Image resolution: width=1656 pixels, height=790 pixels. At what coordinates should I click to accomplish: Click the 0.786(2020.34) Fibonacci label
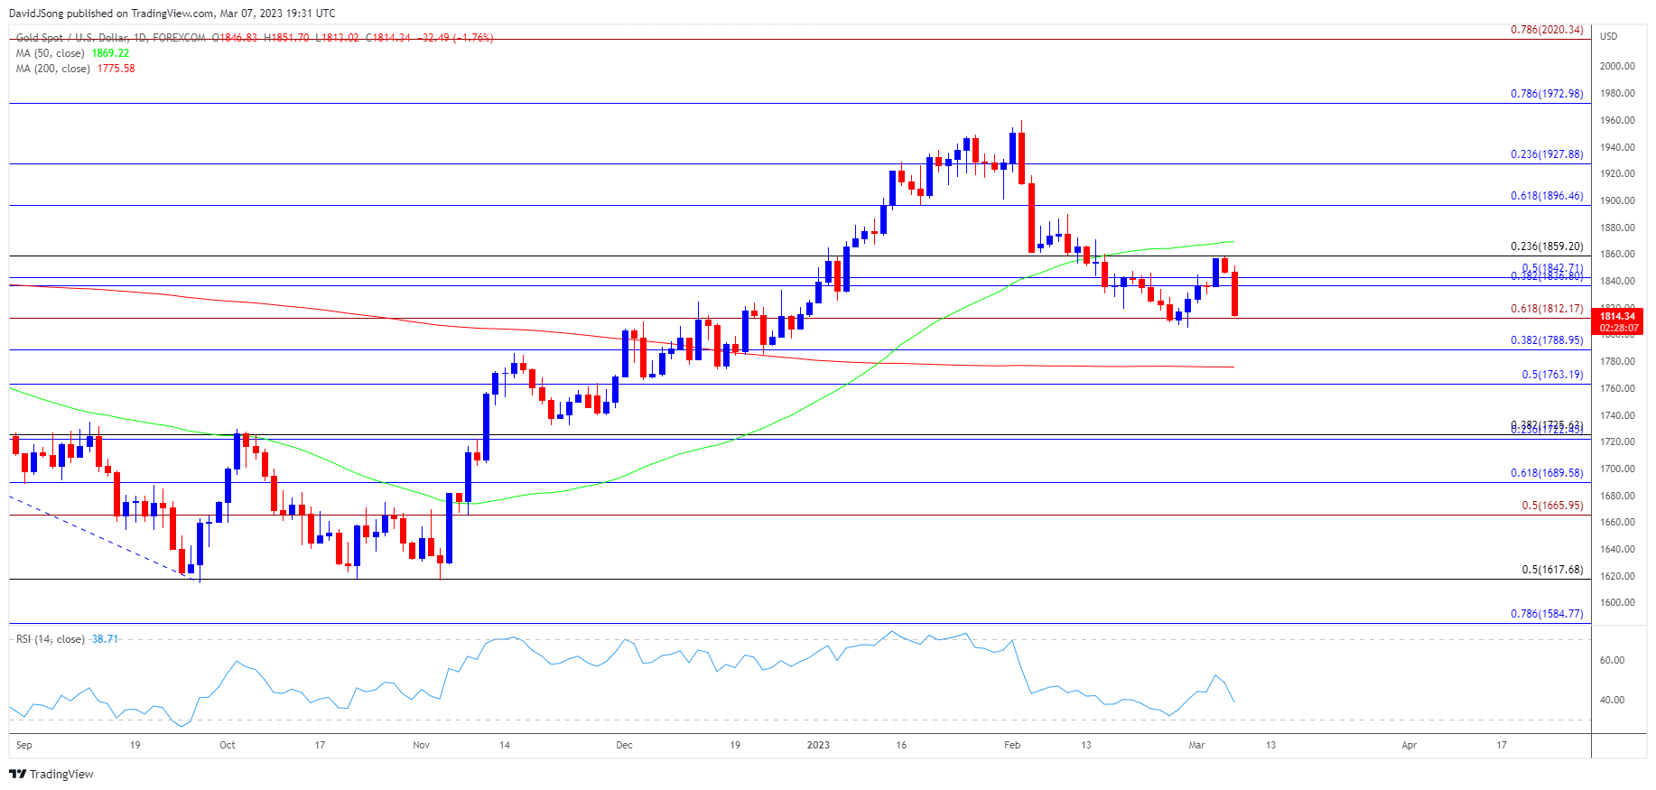[x=1547, y=30]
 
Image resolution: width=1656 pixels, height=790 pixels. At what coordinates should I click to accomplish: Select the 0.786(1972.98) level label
[x=1547, y=94]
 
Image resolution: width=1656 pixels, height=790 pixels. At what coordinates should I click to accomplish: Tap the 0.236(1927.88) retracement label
[x=1547, y=154]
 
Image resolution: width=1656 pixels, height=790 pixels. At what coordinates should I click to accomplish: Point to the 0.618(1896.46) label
[x=1547, y=196]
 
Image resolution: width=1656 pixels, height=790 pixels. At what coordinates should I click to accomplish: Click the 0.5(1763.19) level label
[x=1552, y=375]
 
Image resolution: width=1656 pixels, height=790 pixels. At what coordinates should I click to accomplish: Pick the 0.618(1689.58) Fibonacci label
[x=1547, y=473]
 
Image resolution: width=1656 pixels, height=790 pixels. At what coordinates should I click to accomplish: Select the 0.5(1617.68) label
[x=1552, y=570]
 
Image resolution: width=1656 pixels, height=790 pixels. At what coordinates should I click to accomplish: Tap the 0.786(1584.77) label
[x=1547, y=614]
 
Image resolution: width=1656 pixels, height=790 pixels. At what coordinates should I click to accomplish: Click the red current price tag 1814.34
[x=1617, y=316]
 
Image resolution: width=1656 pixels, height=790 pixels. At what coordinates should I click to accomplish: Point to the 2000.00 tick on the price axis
[x=1617, y=66]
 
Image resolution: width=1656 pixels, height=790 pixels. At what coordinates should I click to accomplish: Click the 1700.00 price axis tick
[x=1617, y=469]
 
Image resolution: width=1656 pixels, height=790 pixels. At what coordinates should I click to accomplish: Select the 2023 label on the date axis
[x=818, y=745]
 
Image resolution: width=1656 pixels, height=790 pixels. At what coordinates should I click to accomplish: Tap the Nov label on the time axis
[x=421, y=745]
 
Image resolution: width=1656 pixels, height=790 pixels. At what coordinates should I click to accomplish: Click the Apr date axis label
[x=1409, y=745]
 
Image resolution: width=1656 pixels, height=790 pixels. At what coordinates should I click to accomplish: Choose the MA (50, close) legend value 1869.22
[x=110, y=53]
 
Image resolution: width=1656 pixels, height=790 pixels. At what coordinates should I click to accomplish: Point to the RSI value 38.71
[x=105, y=639]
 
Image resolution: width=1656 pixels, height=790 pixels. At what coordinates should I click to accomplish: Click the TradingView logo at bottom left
[x=51, y=774]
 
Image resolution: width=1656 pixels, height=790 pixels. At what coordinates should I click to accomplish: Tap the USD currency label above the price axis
[x=1609, y=36]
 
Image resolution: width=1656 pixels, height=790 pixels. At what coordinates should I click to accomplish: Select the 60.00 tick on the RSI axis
[x=1612, y=660]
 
